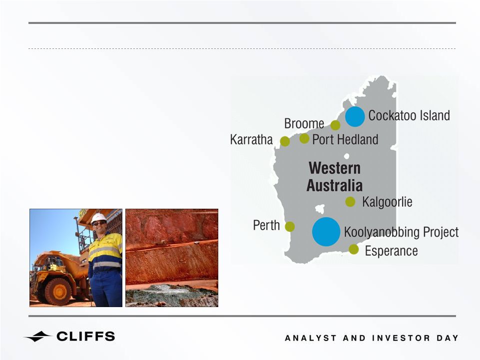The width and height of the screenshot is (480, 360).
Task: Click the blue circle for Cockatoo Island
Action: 355,117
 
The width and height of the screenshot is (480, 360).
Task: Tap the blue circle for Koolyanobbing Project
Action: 326,232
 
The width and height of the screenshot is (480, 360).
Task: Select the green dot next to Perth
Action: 290,227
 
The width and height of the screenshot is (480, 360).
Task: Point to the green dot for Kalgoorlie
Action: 350,202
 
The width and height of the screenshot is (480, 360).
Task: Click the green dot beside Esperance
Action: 354,249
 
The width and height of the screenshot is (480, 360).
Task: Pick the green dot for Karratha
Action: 285,141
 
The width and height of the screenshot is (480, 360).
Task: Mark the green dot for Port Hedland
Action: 304,138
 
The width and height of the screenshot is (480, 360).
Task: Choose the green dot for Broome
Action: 335,125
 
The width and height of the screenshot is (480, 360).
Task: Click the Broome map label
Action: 304,124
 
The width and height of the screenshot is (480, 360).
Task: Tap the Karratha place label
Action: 251,140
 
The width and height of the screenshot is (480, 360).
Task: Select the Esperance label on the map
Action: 391,251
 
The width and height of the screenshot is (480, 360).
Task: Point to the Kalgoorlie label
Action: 387,202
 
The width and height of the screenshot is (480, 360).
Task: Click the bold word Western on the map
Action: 335,168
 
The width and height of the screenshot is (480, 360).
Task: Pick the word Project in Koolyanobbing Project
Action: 441,232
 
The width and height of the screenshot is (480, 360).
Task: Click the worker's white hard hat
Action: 98,218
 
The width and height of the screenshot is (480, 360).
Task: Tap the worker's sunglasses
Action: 99,223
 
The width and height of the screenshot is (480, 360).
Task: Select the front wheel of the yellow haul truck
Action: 58,291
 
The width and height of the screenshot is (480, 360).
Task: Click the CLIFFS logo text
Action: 86,337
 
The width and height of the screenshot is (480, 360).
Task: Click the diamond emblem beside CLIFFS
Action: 38,337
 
